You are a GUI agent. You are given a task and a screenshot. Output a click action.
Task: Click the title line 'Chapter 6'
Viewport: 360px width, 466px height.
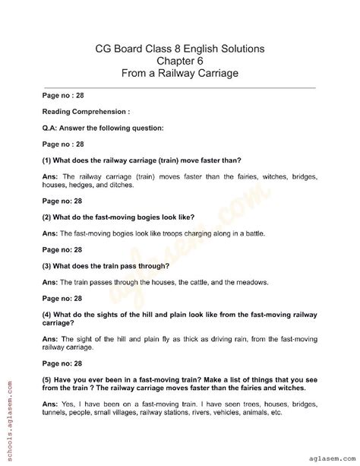[x=180, y=61]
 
